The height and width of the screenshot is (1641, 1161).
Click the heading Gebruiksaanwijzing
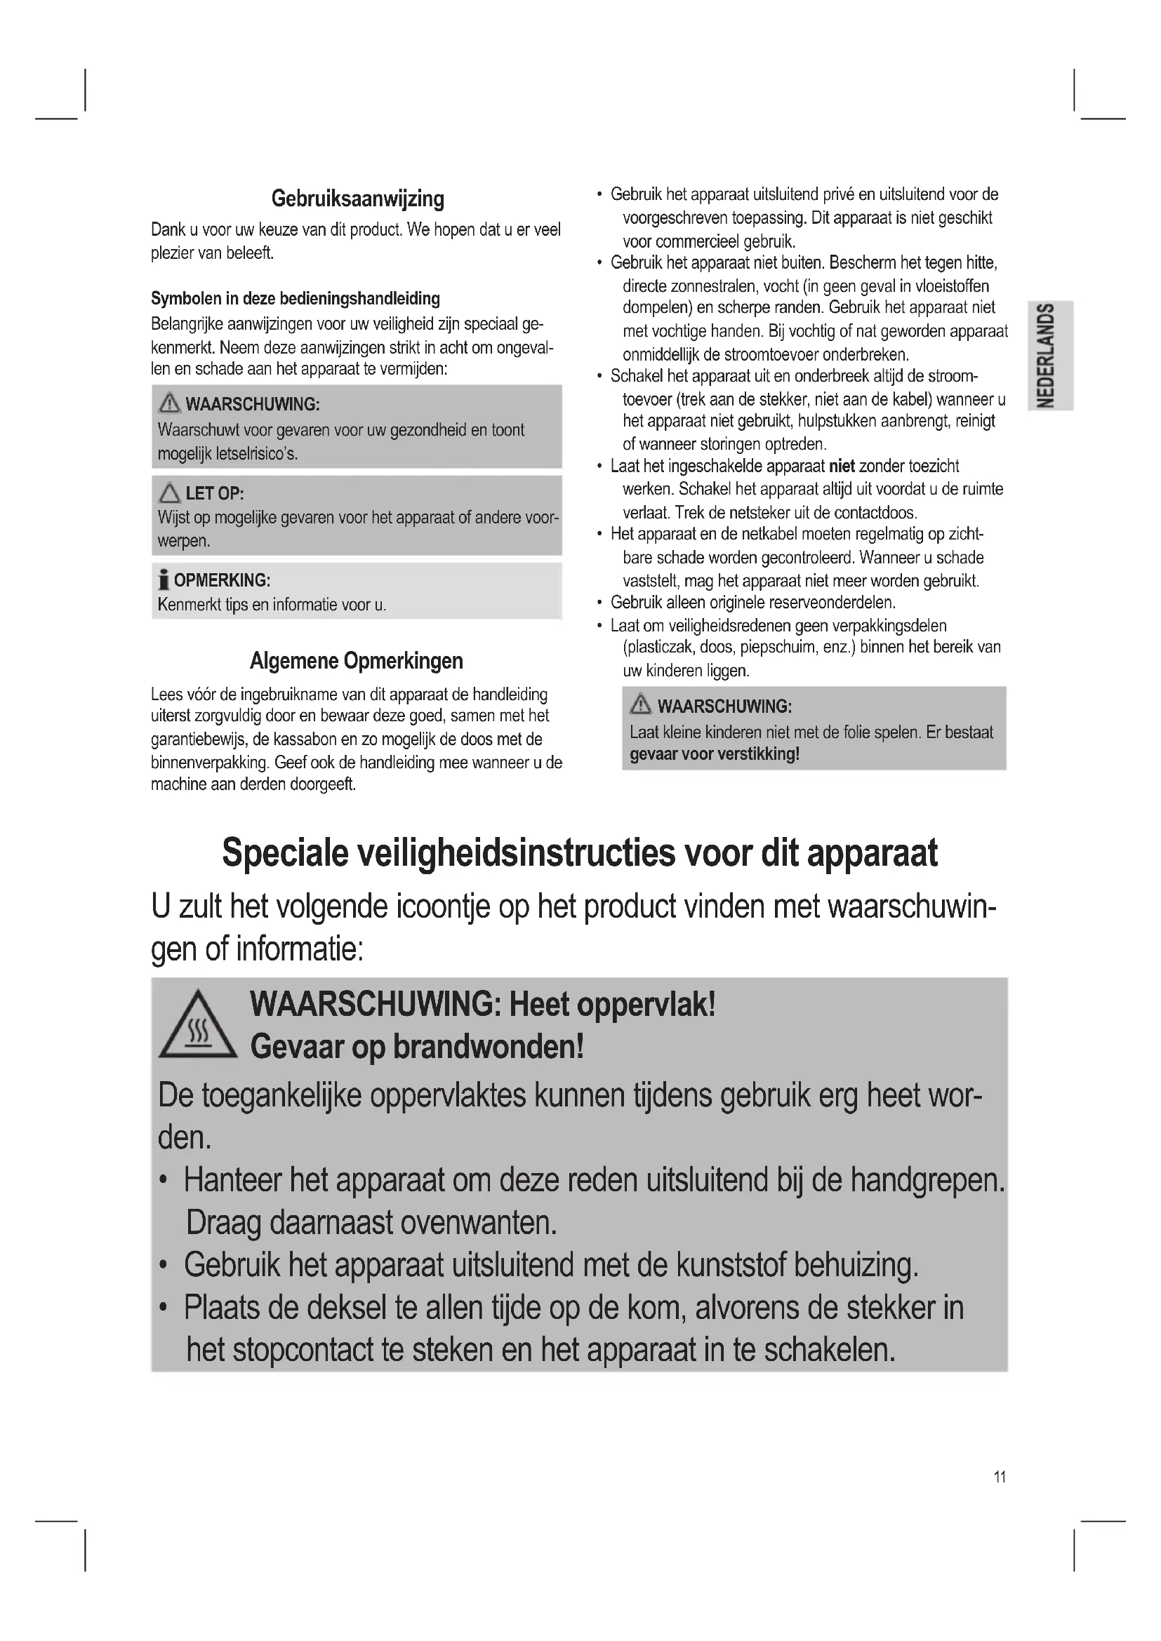click(357, 199)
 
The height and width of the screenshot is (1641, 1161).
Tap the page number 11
click(1000, 1477)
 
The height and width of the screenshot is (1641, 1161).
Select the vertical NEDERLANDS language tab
click(1049, 355)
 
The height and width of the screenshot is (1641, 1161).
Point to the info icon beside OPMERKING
click(164, 580)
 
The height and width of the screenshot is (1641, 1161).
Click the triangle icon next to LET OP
click(169, 493)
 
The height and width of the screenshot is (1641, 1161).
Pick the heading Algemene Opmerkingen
click(356, 661)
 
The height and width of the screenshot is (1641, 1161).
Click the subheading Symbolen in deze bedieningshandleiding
click(296, 299)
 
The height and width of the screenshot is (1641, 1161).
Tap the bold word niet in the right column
click(842, 467)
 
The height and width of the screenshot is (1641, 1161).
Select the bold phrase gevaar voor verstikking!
click(714, 755)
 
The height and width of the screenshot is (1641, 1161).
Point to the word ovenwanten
click(477, 1223)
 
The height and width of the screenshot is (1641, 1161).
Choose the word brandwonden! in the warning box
click(489, 1047)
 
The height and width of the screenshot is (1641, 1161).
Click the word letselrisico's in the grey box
click(257, 454)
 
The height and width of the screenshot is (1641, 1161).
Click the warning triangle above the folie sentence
click(641, 705)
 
